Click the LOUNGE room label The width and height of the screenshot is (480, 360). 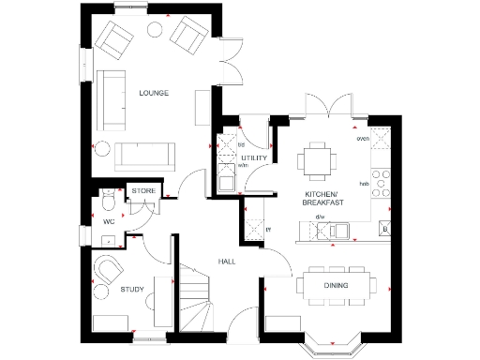pyautogui.click(x=153, y=92)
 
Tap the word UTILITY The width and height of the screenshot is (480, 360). pyautogui.click(x=254, y=158)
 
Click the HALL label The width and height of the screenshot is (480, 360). pyautogui.click(x=226, y=262)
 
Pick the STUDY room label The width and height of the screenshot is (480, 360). pyautogui.click(x=132, y=290)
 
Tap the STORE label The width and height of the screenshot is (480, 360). pyautogui.click(x=142, y=190)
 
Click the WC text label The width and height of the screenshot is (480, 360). pyautogui.click(x=108, y=222)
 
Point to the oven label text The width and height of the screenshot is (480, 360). pyautogui.click(x=362, y=139)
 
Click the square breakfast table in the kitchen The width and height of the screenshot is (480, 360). pyautogui.click(x=318, y=160)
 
